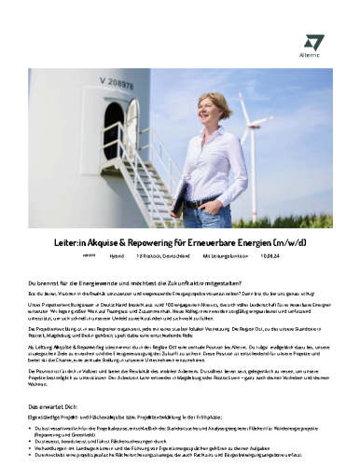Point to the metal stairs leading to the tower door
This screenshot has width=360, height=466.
point(131,186)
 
